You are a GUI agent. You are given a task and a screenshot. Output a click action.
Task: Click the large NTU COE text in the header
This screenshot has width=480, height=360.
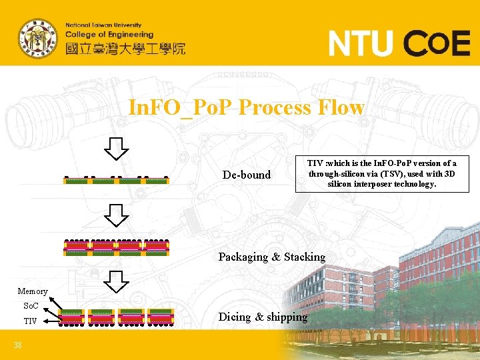[x=399, y=45]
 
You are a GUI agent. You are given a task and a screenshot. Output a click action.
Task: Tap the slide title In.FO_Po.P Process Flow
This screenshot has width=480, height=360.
[x=247, y=107]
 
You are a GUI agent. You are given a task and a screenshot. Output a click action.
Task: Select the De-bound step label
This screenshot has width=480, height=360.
[x=247, y=175]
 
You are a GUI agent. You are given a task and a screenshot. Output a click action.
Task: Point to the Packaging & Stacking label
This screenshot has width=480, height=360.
[x=272, y=257]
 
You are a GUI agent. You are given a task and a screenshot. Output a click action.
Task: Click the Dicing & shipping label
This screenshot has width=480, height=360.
[x=263, y=317]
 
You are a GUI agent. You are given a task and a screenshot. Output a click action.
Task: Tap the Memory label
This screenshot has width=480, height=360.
[x=33, y=291]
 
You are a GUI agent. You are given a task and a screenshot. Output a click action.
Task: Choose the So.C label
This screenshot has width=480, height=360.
[x=31, y=306]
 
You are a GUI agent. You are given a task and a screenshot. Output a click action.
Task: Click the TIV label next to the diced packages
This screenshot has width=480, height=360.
[x=31, y=321]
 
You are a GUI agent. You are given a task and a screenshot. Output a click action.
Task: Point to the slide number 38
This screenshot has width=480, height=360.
[x=19, y=345]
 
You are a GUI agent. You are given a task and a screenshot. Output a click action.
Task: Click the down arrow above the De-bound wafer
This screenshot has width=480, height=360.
[x=117, y=149]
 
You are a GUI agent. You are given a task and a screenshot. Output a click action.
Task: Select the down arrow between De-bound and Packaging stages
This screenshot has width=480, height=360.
[x=117, y=214]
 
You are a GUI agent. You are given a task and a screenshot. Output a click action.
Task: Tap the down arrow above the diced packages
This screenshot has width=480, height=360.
[x=117, y=283]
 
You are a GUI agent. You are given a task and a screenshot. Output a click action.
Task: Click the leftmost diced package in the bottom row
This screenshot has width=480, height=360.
[x=73, y=316]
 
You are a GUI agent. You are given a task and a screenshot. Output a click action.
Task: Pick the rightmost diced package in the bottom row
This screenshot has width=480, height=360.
[x=160, y=316]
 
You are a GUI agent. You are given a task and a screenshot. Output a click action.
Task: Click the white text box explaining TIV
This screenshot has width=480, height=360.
[x=381, y=173]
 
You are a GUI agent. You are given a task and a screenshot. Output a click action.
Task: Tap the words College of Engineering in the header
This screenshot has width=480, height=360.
[x=109, y=35]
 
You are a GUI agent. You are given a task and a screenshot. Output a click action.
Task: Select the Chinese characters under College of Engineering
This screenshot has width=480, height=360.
[x=125, y=49]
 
